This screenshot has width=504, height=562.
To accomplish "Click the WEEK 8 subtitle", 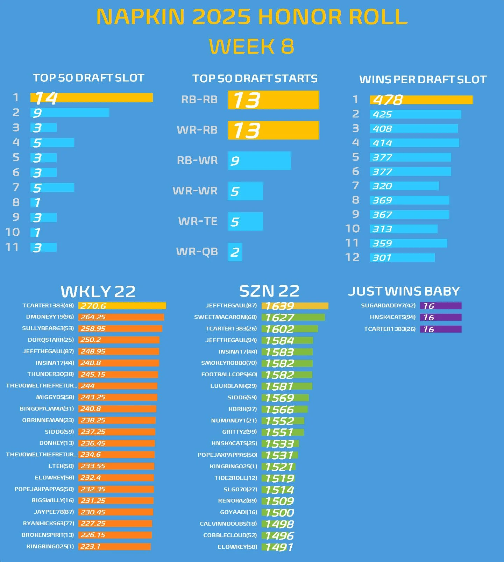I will (251, 47).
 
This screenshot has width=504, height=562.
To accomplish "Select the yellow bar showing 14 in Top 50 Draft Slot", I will (92, 98).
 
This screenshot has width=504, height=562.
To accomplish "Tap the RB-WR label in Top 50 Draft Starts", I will (197, 161).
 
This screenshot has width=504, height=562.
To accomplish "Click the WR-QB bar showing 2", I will (235, 252).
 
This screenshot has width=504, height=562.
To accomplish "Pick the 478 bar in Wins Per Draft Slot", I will (421, 100).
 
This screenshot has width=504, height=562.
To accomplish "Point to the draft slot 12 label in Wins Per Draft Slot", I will (352, 257).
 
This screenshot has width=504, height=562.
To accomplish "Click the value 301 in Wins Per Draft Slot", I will (382, 258).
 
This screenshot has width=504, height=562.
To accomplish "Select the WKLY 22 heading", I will (98, 291).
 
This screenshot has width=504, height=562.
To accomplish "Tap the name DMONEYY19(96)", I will (50, 317).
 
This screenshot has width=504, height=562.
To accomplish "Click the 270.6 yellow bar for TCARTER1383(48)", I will (122, 306).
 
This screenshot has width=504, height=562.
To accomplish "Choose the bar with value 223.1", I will (114, 546).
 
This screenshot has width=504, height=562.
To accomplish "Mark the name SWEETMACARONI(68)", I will (226, 317).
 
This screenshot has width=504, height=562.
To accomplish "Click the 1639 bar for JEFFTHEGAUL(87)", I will (295, 306).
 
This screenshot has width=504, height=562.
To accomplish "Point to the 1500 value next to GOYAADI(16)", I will (280, 513).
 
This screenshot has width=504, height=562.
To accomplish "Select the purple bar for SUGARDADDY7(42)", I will (441, 306).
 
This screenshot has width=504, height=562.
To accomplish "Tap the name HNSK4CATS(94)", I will (392, 317).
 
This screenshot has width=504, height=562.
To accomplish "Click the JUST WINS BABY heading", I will (404, 291).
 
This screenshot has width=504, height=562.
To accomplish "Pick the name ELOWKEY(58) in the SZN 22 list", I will (237, 547).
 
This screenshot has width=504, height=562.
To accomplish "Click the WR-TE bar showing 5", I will (245, 222).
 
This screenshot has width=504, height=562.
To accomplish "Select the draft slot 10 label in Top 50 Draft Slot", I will (13, 232).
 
